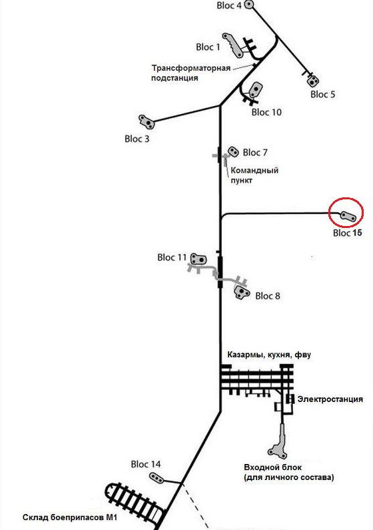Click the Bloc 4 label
(229, 5)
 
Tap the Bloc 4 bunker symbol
(248, 5)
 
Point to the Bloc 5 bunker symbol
(312, 80)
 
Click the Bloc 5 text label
(322, 94)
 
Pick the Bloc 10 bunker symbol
(256, 90)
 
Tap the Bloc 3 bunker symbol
(147, 122)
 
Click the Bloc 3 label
(137, 139)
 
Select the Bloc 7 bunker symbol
(233, 151)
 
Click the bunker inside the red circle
(348, 216)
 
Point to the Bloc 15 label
(347, 233)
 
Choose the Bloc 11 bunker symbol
(198, 259)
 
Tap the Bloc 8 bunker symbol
(242, 292)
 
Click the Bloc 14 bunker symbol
(157, 477)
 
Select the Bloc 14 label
(145, 465)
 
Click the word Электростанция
(330, 399)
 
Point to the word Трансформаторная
(190, 68)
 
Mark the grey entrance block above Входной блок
(280, 440)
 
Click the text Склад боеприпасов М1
(70, 517)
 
